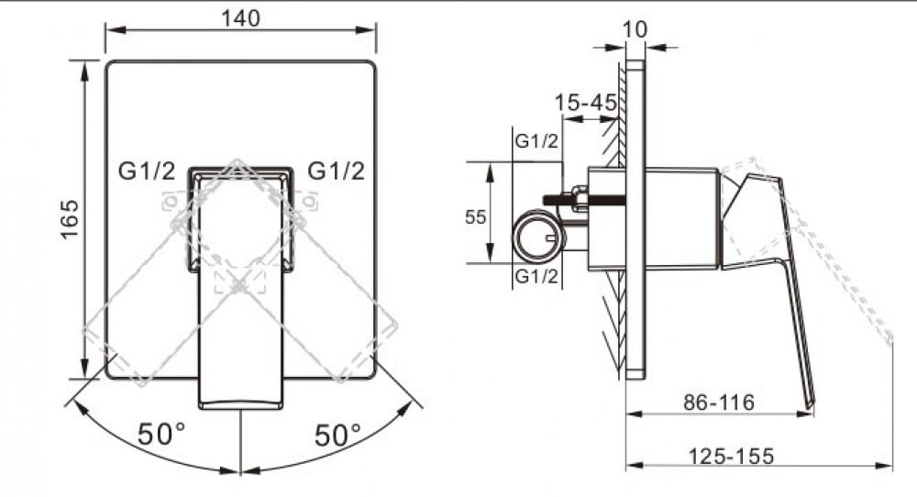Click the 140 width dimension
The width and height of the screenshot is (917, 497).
[240, 18]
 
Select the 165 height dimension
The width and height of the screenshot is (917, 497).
[71, 219]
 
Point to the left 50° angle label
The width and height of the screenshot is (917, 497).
[161, 434]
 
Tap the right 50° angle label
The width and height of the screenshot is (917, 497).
[338, 435]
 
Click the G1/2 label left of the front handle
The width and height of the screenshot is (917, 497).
[146, 171]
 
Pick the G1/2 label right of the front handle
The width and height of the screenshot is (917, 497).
[337, 171]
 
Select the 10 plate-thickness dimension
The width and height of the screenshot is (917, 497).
[635, 29]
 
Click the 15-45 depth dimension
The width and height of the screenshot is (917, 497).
[585, 103]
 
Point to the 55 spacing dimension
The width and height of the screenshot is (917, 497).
[475, 217]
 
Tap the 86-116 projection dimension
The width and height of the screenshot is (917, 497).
[719, 402]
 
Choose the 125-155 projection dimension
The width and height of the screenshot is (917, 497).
[731, 456]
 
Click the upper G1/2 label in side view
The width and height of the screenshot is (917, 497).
[536, 141]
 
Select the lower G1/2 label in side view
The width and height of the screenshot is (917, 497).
[536, 275]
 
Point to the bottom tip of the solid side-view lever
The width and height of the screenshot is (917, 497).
[811, 405]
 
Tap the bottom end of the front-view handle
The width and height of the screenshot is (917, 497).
[241, 406]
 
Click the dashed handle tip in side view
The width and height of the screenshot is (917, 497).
[889, 339]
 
